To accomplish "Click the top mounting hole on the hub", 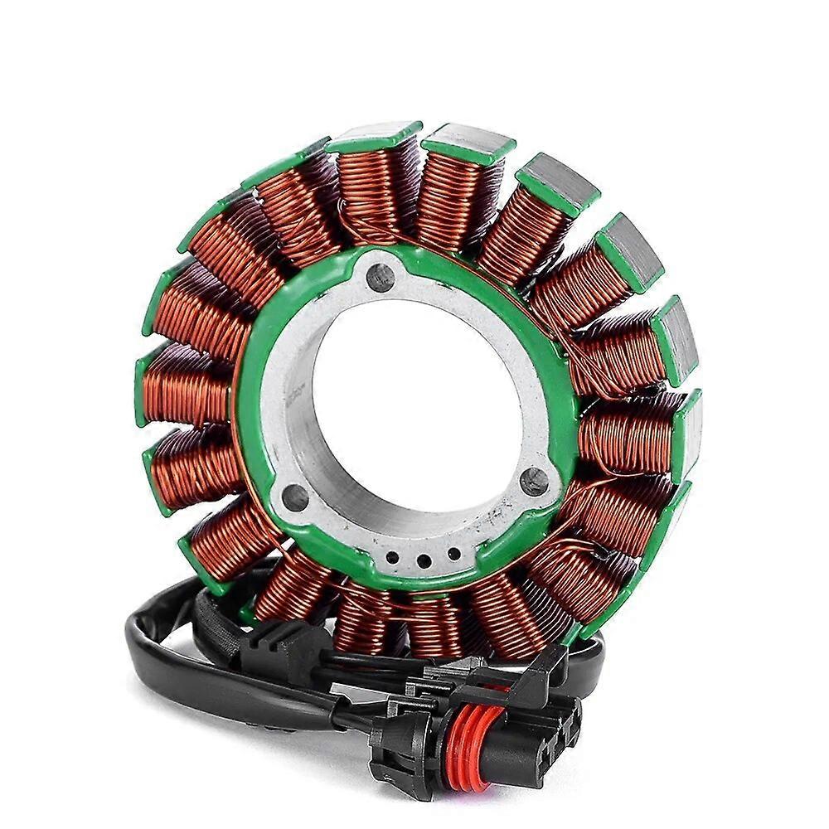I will click(380, 277).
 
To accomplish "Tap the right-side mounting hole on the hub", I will click(536, 481).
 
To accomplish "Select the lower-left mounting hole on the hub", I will click(295, 497).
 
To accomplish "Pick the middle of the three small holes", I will click(424, 560).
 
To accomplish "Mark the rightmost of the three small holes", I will click(453, 553).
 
